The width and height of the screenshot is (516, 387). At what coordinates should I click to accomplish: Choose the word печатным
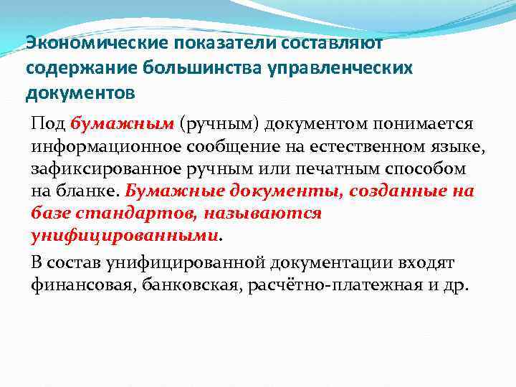pos(350,169)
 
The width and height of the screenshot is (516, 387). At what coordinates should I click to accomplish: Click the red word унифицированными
pos(124,236)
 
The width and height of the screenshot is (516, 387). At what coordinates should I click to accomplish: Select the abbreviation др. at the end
pos(457,285)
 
